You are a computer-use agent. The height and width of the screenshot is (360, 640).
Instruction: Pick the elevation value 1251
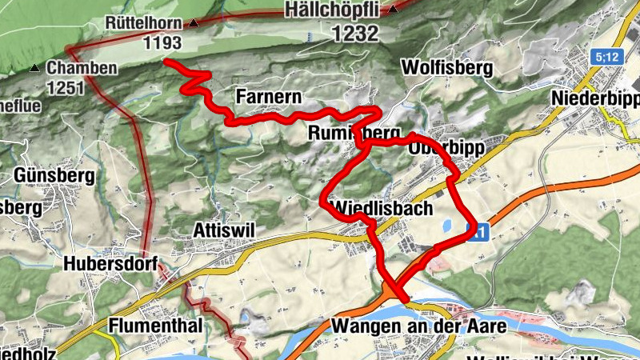[66, 87]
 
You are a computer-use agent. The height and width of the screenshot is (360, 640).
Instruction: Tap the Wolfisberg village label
[447, 67]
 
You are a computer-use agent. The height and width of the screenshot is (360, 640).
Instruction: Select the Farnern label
[269, 98]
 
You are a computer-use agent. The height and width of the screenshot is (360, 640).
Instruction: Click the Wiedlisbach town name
[381, 208]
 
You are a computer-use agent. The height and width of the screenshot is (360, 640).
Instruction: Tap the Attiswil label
[224, 230]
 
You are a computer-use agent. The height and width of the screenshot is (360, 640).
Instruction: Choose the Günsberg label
[54, 174]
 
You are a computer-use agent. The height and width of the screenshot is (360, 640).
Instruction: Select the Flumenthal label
[157, 326]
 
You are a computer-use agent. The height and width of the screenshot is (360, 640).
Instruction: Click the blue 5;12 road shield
[608, 57]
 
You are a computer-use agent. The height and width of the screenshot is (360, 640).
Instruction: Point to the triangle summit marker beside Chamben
[35, 68]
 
